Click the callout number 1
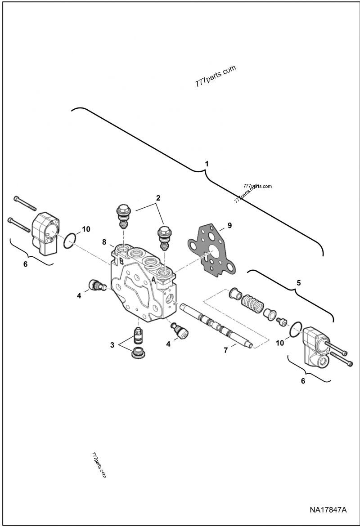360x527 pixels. (x=207, y=164)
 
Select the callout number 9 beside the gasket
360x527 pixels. (x=229, y=225)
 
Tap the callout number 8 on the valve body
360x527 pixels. (x=104, y=242)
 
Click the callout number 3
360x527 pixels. (x=112, y=345)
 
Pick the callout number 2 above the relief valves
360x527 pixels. (x=158, y=198)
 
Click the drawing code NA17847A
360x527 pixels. (x=328, y=510)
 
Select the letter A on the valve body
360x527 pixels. (x=154, y=279)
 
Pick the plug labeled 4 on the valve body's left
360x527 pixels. (x=97, y=285)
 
